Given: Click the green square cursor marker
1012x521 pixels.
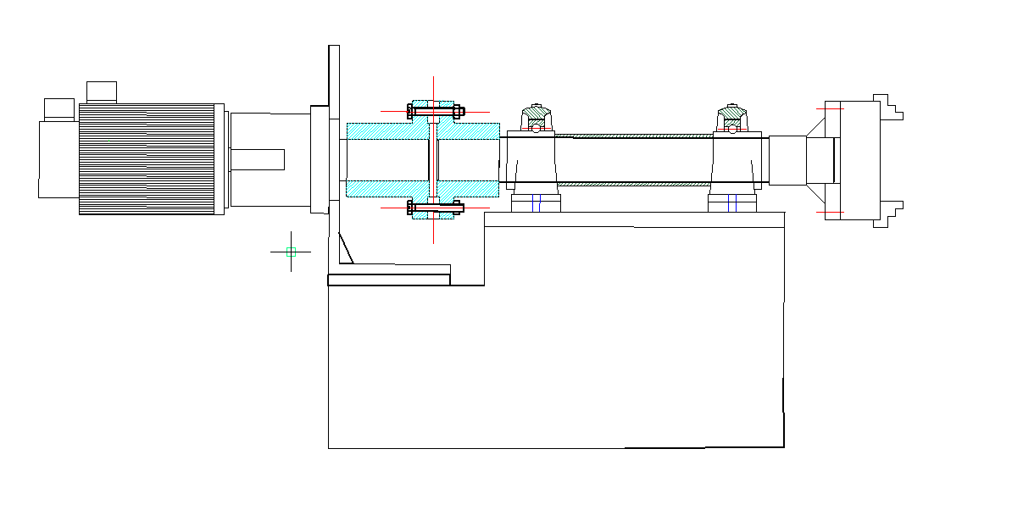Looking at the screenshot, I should [291, 252].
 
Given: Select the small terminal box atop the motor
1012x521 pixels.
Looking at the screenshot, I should [101, 91].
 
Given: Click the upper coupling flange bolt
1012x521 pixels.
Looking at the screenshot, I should [435, 110].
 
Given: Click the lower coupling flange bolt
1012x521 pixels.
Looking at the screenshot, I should [435, 207].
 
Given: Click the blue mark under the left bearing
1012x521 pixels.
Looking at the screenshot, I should [534, 203].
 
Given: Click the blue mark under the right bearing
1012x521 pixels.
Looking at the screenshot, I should [735, 203].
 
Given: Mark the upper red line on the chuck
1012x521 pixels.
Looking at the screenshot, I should [829, 108].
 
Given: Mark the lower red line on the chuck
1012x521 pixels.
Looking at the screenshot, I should [829, 212].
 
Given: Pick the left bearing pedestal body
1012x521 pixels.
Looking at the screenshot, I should [531, 161].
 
